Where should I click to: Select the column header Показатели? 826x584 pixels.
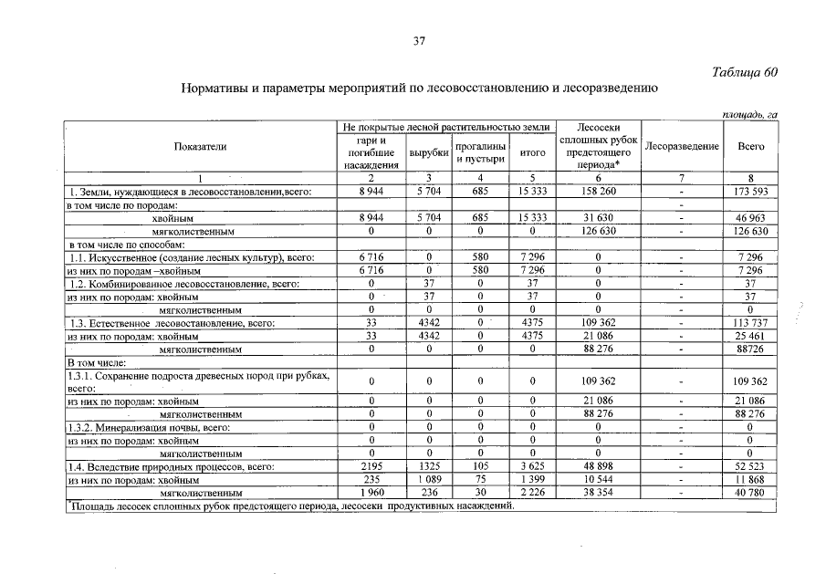point(200,146)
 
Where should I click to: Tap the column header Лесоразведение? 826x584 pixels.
point(681,146)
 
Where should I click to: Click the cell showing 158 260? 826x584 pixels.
point(598,192)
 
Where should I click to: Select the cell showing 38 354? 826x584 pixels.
point(598,494)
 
